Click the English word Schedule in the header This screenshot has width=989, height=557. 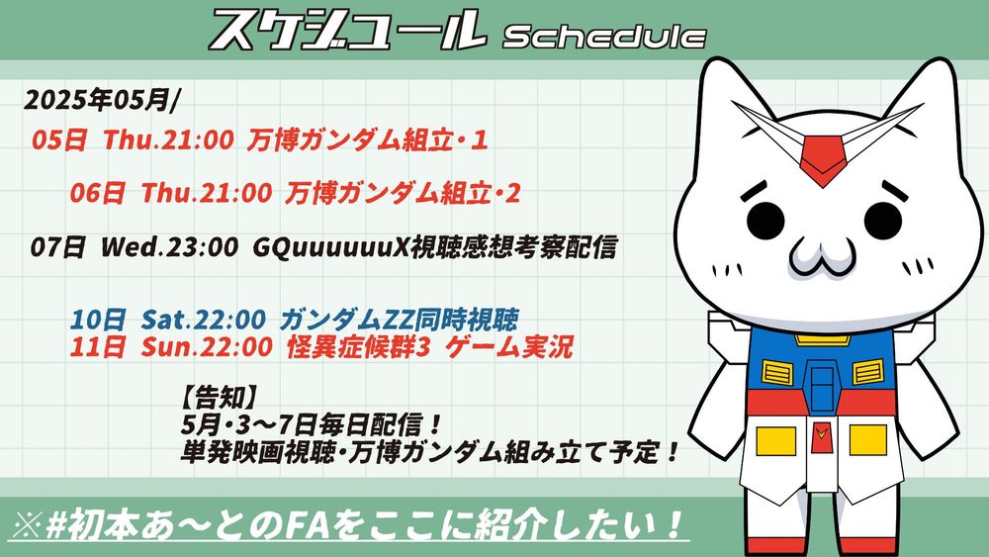[x=603, y=38]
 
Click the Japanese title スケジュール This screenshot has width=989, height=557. [x=347, y=31]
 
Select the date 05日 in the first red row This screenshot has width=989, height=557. [x=58, y=139]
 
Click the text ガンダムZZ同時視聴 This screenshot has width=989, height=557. [x=398, y=320]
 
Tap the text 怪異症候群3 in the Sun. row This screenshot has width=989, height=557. [x=358, y=347]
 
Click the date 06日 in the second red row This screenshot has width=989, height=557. [x=97, y=193]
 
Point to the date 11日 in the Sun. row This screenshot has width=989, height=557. [x=97, y=347]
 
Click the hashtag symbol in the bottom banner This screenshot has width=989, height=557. [x=57, y=524]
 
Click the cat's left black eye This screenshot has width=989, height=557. [x=765, y=221]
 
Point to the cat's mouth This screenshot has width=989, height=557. [x=823, y=257]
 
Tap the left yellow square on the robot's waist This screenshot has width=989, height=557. [x=775, y=440]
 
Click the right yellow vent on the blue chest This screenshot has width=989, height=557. [x=868, y=372]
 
